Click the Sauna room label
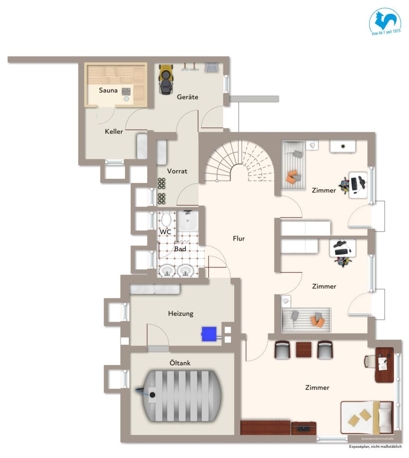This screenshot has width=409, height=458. (108, 90)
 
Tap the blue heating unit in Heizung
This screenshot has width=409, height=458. (209, 334)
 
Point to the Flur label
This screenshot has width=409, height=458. (239, 239)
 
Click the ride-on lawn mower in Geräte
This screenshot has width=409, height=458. (166, 79)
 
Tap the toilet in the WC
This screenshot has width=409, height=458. (166, 220)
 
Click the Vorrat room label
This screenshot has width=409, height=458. (177, 171)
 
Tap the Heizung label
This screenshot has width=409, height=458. (181, 314)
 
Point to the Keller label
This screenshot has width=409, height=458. (114, 131)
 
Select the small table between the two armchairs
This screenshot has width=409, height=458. (303, 349)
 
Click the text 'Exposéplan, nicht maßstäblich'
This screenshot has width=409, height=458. (375, 447)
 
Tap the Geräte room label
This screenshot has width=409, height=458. (187, 97)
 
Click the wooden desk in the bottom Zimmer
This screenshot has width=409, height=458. (384, 365)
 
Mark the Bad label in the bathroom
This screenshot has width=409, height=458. (180, 249)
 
